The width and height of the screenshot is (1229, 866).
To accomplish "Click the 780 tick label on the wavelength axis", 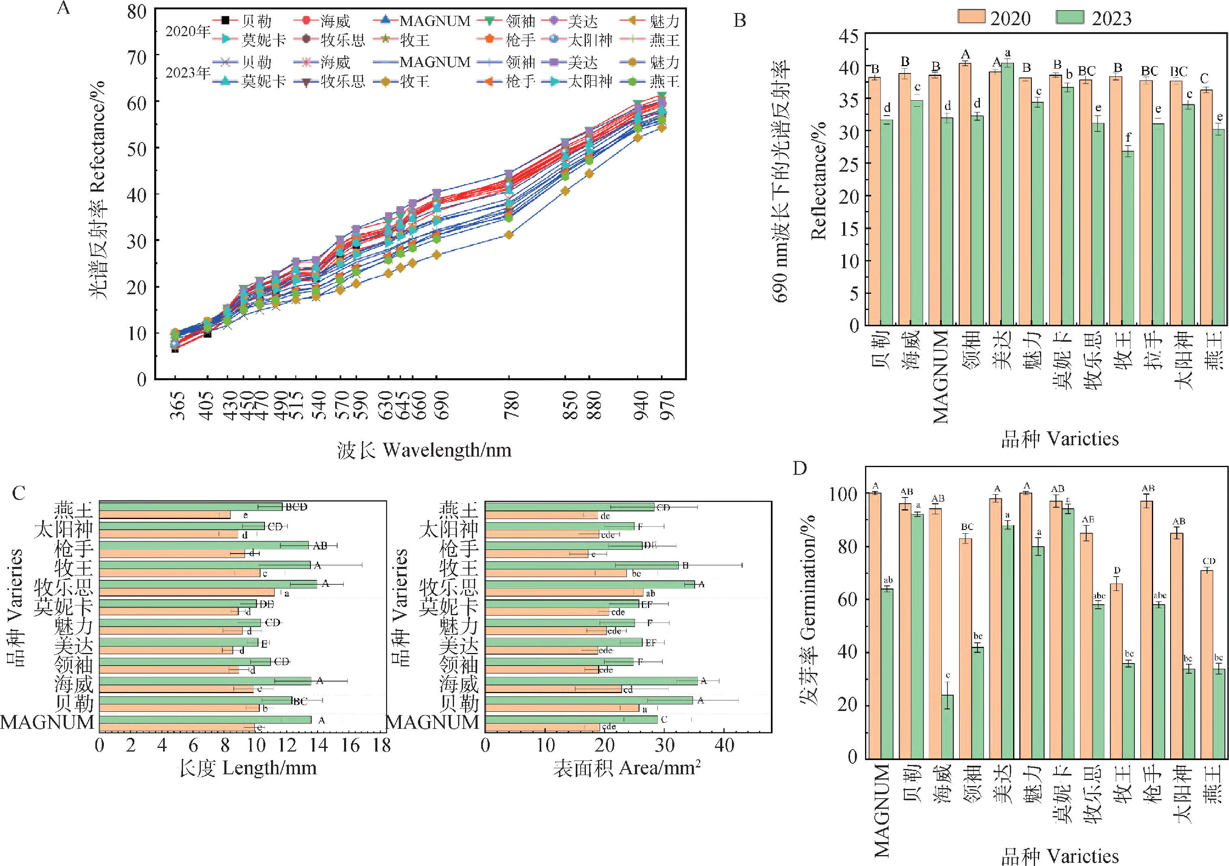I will click(x=512, y=405).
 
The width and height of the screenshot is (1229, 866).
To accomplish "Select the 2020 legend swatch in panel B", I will click(x=971, y=17).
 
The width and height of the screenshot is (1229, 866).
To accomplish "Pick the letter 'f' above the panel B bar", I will click(x=1128, y=138).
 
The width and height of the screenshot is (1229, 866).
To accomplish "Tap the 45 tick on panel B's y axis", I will click(x=849, y=37).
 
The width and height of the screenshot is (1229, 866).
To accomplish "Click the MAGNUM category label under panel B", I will click(x=941, y=377).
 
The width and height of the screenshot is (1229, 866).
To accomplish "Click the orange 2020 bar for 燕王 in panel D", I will click(x=1207, y=664).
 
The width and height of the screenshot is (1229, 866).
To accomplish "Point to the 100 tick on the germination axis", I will click(x=844, y=493).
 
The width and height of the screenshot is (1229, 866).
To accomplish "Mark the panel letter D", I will click(x=800, y=468).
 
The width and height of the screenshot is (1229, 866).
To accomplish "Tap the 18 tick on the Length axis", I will click(x=382, y=745).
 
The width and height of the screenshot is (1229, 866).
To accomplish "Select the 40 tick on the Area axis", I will click(x=724, y=745).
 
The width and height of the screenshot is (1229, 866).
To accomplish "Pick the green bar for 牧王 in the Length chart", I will click(x=205, y=564).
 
